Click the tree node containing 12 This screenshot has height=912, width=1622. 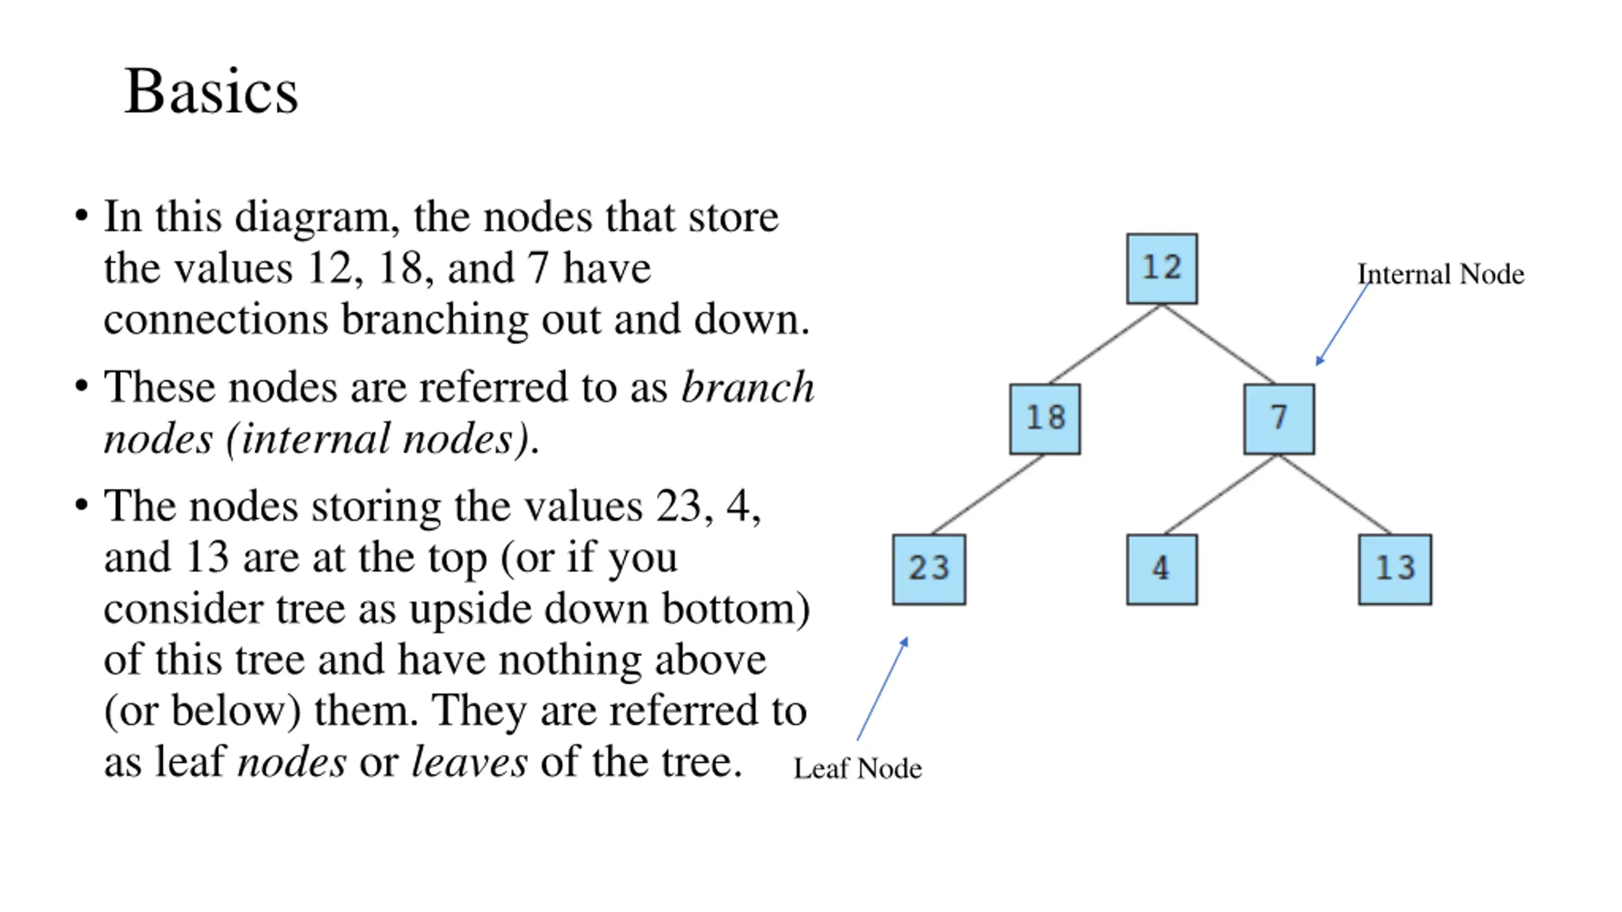coord(1161,269)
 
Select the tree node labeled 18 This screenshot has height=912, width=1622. coord(1045,419)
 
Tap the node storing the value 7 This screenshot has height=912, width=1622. coord(1279,419)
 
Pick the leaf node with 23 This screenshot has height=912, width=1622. coord(929,569)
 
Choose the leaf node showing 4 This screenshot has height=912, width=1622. coord(1161,569)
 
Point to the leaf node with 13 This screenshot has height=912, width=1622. coord(1395,569)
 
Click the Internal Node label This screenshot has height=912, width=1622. coord(1440,274)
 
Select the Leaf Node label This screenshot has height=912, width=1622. coord(857,768)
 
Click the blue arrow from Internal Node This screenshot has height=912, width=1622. coord(1343,324)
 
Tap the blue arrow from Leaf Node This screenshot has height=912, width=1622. coord(883,688)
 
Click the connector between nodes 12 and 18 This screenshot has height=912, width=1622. coord(1105,344)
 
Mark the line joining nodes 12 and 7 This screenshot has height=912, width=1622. coord(1218,344)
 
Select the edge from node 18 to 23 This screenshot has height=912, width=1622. coord(988,494)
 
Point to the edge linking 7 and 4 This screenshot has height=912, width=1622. coord(1220,494)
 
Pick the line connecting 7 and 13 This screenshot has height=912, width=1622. coord(1334,494)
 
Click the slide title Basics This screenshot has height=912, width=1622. coord(211,91)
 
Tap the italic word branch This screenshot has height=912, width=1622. coord(748,387)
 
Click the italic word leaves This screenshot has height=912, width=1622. coord(469,761)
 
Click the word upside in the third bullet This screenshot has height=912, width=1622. coord(470,610)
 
